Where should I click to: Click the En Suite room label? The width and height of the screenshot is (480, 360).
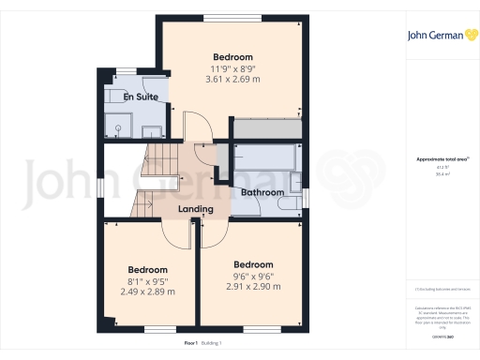point(140,96)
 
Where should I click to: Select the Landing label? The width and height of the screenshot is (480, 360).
point(197,208)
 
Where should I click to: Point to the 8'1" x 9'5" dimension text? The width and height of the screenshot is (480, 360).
point(147,280)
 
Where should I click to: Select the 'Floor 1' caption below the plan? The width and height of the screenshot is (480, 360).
point(166,343)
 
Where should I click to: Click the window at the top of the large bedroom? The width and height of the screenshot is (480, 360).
point(232,17)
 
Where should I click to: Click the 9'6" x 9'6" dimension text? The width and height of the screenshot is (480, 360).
point(252,276)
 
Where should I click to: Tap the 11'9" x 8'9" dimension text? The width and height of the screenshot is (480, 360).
point(232,67)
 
